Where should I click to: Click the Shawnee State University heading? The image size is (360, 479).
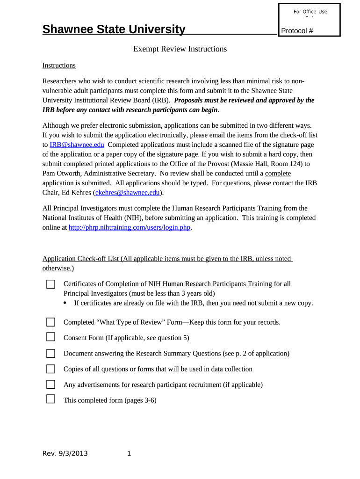tap(114, 29)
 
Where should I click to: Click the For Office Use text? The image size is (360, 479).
tap(310, 12)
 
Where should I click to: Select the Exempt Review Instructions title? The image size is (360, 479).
tap(180, 49)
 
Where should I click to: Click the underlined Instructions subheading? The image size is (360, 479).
tap(59, 65)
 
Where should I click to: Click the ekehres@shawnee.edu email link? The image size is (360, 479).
tap(129, 192)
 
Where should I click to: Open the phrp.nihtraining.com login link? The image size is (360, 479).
tap(130, 227)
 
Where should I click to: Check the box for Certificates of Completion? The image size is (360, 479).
tap(50, 284)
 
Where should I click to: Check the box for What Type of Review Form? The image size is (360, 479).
tap(50, 322)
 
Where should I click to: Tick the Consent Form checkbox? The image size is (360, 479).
tap(50, 337)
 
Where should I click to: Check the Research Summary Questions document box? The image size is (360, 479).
tap(50, 353)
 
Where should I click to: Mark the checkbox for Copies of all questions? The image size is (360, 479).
tap(50, 369)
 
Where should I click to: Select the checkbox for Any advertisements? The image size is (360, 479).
tap(50, 385)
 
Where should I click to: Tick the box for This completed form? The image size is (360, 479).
tap(50, 399)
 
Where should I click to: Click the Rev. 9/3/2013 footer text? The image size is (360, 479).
tap(65, 453)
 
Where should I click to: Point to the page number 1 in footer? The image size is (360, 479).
tap(129, 453)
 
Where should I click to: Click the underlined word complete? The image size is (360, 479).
tap(278, 174)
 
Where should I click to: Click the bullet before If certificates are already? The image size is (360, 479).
tap(65, 303)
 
